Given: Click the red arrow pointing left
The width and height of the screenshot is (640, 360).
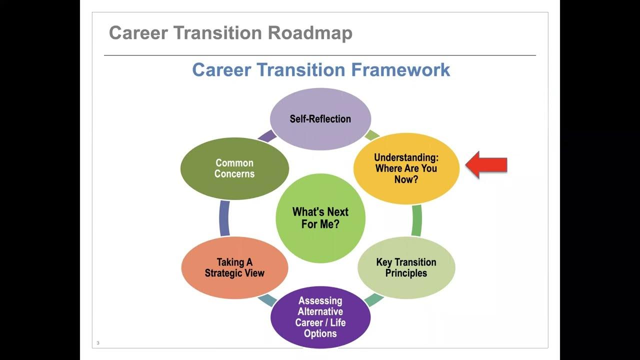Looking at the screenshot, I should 485,165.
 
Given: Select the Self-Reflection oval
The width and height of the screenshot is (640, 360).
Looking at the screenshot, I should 320,119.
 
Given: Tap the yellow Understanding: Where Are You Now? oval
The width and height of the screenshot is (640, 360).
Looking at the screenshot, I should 406,168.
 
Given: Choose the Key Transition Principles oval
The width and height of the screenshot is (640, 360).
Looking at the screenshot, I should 406,268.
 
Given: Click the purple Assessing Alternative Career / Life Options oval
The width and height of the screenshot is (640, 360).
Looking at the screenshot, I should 320,317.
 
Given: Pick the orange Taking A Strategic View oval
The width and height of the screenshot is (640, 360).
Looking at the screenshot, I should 234,268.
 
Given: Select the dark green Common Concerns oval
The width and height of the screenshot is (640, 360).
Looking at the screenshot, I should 234,168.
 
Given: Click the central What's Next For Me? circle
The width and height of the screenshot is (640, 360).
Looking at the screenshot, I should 320,218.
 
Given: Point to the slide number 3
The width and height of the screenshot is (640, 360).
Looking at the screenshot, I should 98,343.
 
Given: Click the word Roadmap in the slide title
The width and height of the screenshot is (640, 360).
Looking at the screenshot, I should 310,33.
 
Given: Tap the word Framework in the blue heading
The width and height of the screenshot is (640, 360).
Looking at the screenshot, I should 400,69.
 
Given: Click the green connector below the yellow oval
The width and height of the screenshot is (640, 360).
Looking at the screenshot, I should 416,220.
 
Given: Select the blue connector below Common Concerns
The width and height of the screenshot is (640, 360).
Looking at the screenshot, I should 224,218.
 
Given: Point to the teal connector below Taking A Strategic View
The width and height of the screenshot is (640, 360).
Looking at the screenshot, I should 266,300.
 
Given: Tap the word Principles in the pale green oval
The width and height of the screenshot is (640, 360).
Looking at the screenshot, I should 406,273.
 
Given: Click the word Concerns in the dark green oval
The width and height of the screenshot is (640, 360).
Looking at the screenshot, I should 234,174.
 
